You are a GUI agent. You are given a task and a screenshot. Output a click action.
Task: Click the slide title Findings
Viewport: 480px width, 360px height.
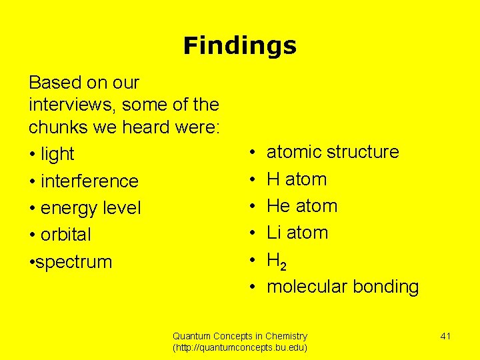pyautogui.click(x=239, y=46)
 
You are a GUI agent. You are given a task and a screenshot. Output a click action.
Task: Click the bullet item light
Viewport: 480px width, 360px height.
pyautogui.click(x=57, y=154)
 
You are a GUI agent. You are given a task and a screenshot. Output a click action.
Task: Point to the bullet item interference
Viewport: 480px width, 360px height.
pyautogui.click(x=89, y=181)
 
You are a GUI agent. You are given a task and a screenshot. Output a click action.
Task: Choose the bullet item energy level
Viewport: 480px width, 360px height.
pyautogui.click(x=91, y=208)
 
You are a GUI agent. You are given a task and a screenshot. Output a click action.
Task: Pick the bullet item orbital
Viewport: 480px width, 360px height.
pyautogui.click(x=65, y=235)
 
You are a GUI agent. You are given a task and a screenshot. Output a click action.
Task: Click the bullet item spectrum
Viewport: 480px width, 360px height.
pyautogui.click(x=74, y=262)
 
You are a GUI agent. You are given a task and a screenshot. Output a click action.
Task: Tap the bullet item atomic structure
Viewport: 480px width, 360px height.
pyautogui.click(x=333, y=152)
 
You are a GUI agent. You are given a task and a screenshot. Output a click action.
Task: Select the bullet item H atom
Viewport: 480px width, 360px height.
pyautogui.click(x=297, y=179)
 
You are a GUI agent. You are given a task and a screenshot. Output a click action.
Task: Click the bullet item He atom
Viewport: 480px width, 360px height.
pyautogui.click(x=302, y=206)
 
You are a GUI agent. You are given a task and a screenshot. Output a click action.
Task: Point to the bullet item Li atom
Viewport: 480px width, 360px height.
pyautogui.click(x=297, y=233)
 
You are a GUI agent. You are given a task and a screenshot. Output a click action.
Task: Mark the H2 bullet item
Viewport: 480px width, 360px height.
pyautogui.click(x=277, y=261)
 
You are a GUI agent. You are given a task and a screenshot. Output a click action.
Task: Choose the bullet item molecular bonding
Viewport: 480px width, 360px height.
pyautogui.click(x=343, y=287)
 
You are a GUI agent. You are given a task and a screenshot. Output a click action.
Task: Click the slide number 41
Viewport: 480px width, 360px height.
pyautogui.click(x=445, y=336)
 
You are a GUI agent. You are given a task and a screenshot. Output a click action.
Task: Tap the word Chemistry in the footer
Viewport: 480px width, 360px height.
pyautogui.click(x=285, y=336)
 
